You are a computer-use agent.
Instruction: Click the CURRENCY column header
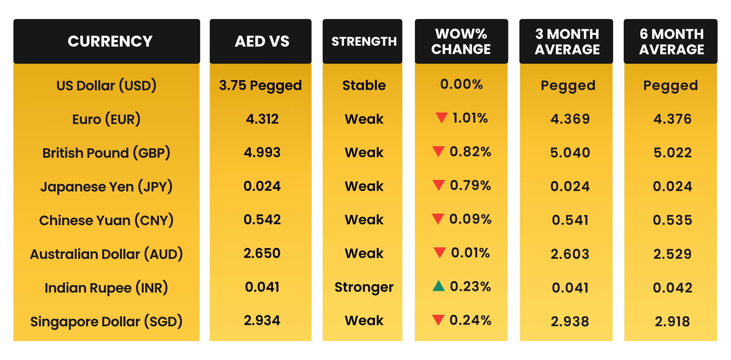[110, 41]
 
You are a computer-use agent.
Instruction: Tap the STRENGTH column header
[364, 42]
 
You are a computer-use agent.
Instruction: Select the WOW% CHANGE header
[461, 41]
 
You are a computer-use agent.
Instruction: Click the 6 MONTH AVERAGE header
[671, 42]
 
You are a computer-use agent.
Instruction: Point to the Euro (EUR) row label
[106, 119]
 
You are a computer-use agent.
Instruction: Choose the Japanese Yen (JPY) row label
[106, 187]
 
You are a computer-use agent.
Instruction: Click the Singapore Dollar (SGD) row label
[106, 321]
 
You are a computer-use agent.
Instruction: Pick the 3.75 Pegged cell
[260, 85]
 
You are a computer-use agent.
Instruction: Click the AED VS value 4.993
[262, 153]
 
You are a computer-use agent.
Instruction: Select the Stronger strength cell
[364, 287]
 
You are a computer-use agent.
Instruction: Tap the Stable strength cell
[364, 85]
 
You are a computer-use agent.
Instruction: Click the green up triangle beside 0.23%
[439, 286]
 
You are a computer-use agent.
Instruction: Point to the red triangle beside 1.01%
[441, 117]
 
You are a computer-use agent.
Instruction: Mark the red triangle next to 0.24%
[438, 320]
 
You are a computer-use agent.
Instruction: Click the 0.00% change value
[461, 84]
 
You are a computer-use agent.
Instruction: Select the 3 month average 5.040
[570, 153]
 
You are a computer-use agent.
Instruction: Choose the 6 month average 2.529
[672, 254]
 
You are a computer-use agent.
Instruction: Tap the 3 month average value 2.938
[570, 321]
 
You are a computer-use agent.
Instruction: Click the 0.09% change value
[470, 219]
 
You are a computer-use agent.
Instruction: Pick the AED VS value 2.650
[262, 253]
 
